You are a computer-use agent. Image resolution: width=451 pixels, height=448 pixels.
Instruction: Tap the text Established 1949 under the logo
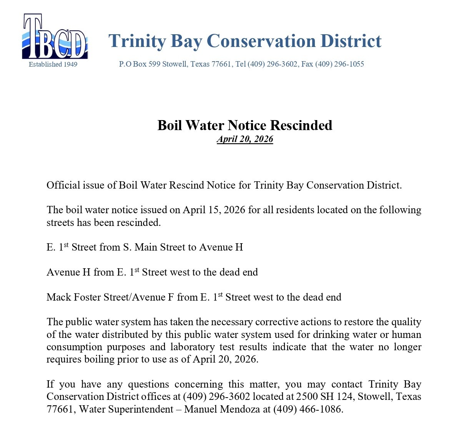tap(53, 64)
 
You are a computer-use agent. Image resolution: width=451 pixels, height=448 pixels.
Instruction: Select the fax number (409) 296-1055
tap(339, 64)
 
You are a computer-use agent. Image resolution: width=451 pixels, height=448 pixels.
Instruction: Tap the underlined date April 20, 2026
tap(245, 139)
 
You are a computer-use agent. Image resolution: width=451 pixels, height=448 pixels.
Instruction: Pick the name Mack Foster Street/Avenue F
tap(110, 297)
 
